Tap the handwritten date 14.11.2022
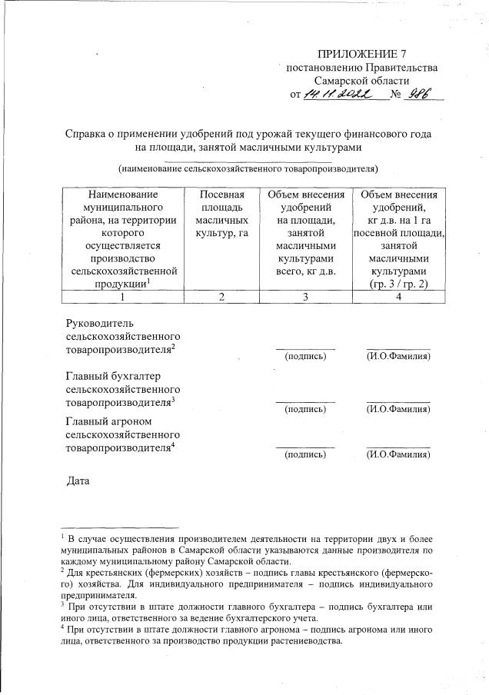pyautogui.click(x=337, y=95)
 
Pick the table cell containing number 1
pyautogui.click(x=123, y=298)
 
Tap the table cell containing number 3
pyautogui.click(x=306, y=298)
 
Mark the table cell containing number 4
pyautogui.click(x=398, y=298)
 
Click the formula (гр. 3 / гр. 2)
pyautogui.click(x=398, y=284)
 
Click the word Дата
pyautogui.click(x=78, y=482)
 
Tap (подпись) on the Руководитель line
pyautogui.click(x=305, y=357)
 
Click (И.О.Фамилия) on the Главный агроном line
pyautogui.click(x=398, y=454)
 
